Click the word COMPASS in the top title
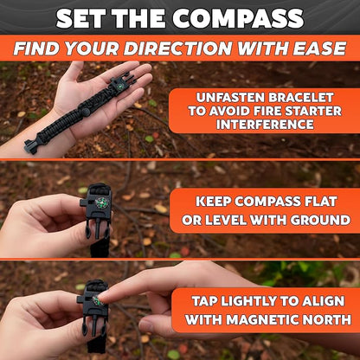[x=238, y=18]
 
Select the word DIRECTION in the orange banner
[x=177, y=48]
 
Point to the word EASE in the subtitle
[x=319, y=48]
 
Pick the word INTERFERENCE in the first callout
[x=265, y=125]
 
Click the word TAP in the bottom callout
[x=206, y=301]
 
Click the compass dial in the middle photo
[x=101, y=202]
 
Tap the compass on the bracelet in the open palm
[x=120, y=86]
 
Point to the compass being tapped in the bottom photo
[x=98, y=300]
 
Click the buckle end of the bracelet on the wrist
[x=31, y=146]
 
